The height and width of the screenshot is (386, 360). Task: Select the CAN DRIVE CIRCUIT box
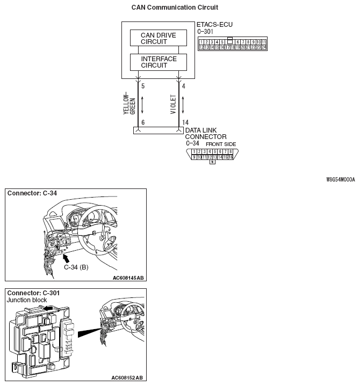tap(159, 38)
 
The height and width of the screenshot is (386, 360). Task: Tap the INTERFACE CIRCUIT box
tap(159, 62)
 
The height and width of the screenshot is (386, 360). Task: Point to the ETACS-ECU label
tap(215, 25)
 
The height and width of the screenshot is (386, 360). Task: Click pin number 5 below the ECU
tap(142, 85)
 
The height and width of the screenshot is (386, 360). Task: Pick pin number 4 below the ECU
tap(184, 85)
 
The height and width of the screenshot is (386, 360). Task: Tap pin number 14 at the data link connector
tap(185, 122)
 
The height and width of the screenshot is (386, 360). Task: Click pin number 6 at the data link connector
tap(142, 122)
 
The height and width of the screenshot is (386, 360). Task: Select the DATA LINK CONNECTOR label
tap(206, 133)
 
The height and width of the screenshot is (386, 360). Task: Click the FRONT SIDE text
tap(221, 144)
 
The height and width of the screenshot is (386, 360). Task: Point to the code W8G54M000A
tap(340, 180)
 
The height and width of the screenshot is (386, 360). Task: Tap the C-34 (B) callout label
tap(76, 267)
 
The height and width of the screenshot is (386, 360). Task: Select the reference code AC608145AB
tap(128, 278)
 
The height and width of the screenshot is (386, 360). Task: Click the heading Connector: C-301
tap(32, 293)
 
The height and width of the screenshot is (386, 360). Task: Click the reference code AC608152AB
tap(128, 378)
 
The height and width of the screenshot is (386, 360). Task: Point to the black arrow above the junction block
tap(49, 309)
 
